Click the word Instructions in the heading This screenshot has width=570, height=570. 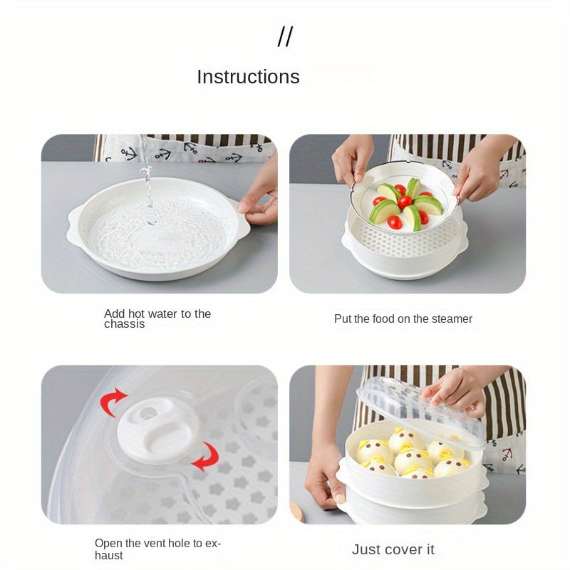(x=248, y=77)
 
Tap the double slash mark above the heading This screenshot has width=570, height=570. (x=285, y=36)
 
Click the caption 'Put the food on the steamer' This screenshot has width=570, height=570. (x=403, y=318)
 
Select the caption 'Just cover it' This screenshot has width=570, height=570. (x=393, y=549)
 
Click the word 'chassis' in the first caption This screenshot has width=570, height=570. (x=124, y=324)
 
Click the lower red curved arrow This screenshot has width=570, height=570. (x=206, y=457)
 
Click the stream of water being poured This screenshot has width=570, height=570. (x=146, y=175)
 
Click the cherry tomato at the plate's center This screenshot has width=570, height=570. (x=405, y=202)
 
